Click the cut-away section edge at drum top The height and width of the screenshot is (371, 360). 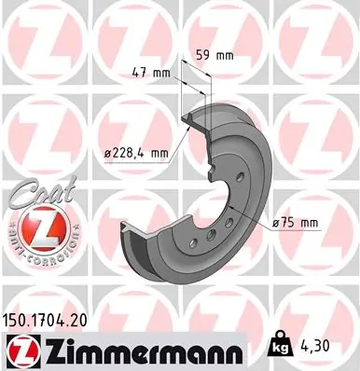click(x=190, y=117)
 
